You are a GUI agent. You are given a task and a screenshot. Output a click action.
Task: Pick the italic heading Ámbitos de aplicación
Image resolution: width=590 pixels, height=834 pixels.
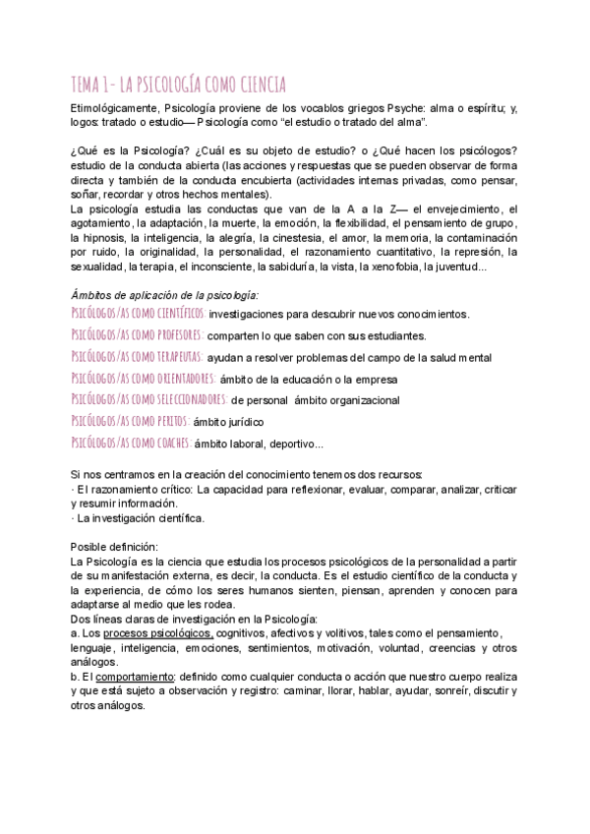[x=165, y=294]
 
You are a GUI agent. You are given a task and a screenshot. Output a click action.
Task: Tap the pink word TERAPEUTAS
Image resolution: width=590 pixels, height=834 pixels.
[x=175, y=356]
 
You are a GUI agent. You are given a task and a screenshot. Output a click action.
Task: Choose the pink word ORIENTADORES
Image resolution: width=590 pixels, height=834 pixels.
[x=180, y=378]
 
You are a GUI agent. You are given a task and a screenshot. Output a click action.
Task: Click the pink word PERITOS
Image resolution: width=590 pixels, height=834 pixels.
[x=167, y=421]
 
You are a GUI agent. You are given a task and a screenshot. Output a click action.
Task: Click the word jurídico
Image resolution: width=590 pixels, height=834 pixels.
[x=242, y=422]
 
